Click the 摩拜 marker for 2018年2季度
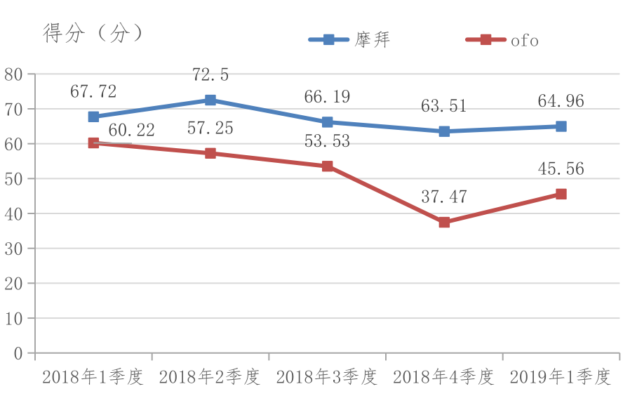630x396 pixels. click(x=210, y=100)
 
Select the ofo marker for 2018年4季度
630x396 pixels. click(x=444, y=223)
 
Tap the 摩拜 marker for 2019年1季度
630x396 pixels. click(x=561, y=126)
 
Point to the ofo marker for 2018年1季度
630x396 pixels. click(x=93, y=143)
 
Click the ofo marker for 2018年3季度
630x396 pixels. click(x=328, y=166)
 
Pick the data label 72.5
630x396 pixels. click(x=210, y=75)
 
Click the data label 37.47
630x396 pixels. click(x=444, y=197)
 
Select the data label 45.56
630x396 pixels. click(x=561, y=169)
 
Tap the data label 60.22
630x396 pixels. click(x=131, y=130)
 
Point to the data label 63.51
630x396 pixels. click(x=444, y=107)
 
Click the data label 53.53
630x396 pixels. click(x=327, y=141)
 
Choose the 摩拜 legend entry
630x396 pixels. click(x=349, y=40)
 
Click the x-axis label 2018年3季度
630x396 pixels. click(x=327, y=377)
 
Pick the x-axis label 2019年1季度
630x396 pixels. click(x=561, y=377)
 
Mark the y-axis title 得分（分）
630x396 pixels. click(x=93, y=33)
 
